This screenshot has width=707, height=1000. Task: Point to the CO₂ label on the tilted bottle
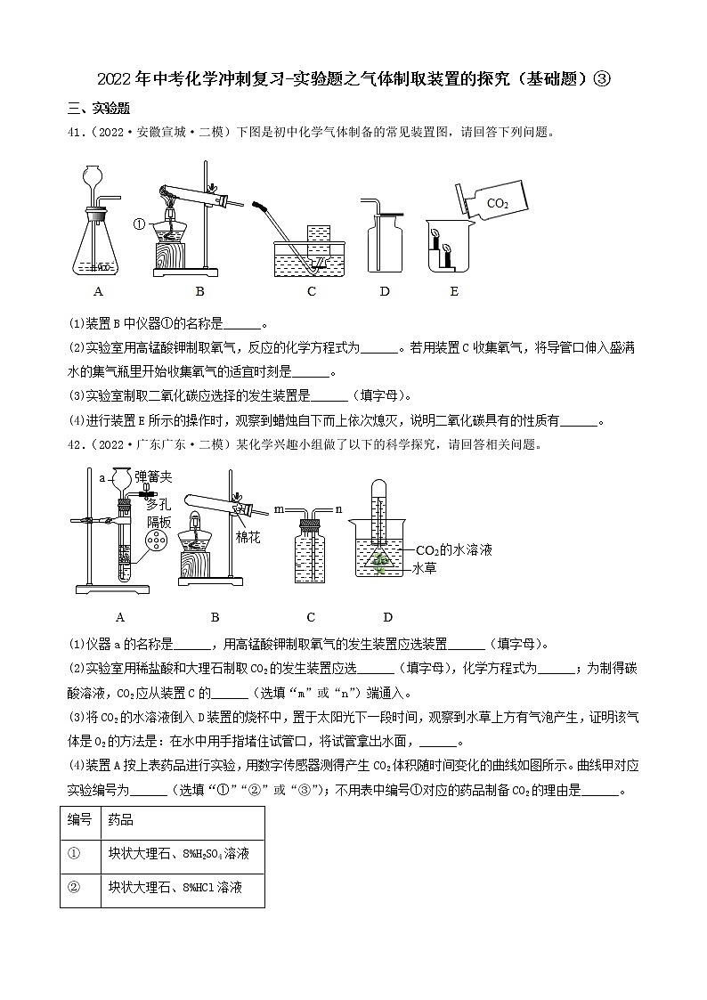tap(498, 204)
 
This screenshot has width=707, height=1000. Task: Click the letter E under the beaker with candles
tap(453, 291)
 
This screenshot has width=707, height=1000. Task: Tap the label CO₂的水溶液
tap(451, 549)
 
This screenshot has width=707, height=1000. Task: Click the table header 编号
tap(80, 820)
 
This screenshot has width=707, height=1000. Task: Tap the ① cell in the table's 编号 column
tap(75, 854)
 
